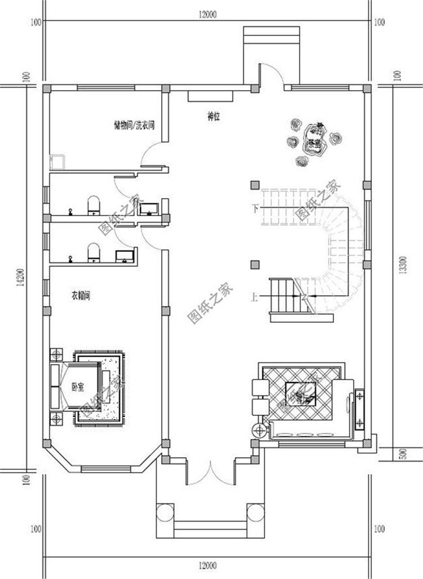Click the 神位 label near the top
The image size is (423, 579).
213,117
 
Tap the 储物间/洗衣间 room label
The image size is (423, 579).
134,126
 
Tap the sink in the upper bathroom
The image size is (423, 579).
149,209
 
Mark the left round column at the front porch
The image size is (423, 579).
165,512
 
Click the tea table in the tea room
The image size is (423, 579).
314,138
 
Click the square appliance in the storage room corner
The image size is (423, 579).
57,162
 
